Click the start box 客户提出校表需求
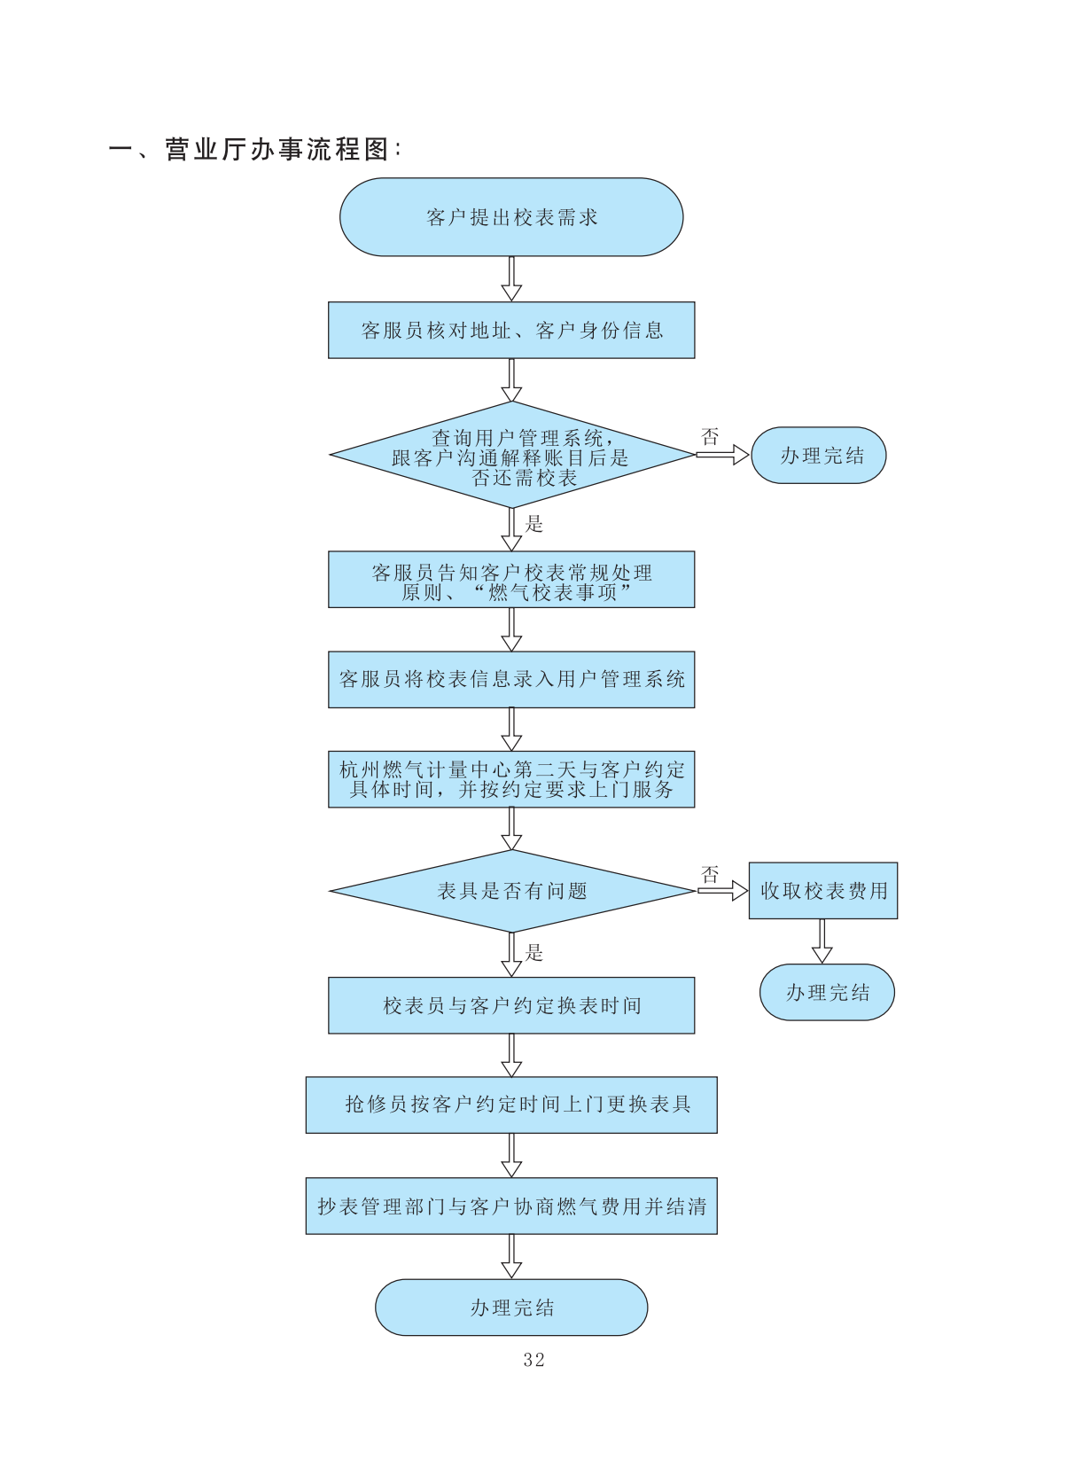(x=511, y=217)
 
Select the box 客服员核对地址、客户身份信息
(x=511, y=331)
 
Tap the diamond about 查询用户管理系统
(x=511, y=456)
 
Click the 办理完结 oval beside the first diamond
(x=819, y=456)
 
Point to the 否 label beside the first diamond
(x=710, y=436)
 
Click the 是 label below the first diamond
(x=534, y=524)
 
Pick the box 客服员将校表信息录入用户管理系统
(x=511, y=680)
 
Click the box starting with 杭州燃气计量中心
(x=511, y=779)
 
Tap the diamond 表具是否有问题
(x=511, y=891)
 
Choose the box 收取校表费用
(x=823, y=891)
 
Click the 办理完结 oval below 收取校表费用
(x=827, y=993)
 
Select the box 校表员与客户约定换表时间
(x=511, y=1005)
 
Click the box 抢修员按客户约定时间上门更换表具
(x=511, y=1105)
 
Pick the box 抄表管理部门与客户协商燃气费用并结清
(x=511, y=1206)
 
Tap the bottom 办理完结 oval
(x=511, y=1308)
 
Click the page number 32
(x=533, y=1360)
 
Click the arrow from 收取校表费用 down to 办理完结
(x=822, y=941)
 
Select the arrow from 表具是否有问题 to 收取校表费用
(x=722, y=890)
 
